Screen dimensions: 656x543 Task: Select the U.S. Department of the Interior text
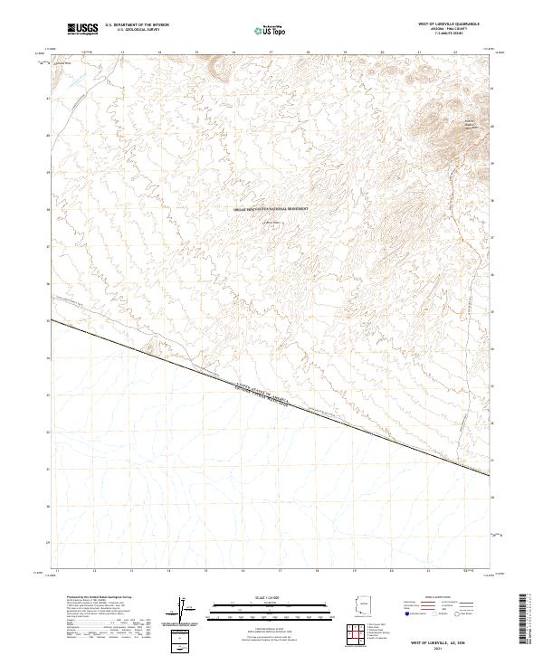point(137,25)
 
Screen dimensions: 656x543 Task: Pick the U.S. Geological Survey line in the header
point(137,31)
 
